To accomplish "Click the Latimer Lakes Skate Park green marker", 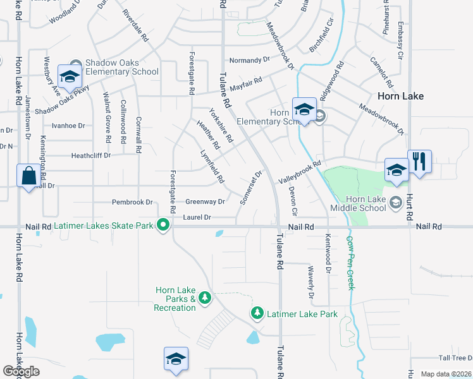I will click(164, 224).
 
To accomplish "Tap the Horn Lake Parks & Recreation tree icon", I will click(204, 297).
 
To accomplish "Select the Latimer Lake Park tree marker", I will click(257, 313).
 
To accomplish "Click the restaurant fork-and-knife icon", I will click(419, 162).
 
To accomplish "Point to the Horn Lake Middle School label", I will click(357, 203).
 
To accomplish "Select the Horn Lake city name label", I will click(400, 96).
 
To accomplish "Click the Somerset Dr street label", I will click(250, 187).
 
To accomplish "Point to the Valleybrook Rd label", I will click(300, 171).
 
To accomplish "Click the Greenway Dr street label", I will click(205, 202).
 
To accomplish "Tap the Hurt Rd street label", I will click(410, 207).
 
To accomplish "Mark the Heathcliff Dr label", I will click(90, 155).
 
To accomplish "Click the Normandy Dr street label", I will click(249, 60).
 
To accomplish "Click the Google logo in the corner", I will click(21, 371).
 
